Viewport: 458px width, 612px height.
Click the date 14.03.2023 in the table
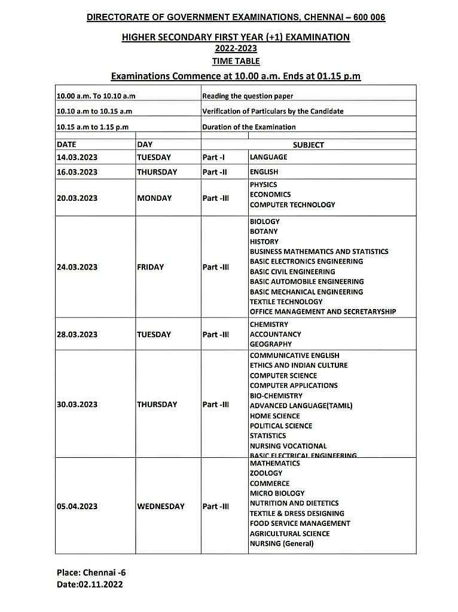coord(77,157)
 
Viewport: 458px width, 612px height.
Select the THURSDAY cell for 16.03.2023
coord(157,172)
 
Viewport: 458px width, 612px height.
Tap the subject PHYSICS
coord(263,185)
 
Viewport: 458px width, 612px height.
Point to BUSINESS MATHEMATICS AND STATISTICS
coord(319,252)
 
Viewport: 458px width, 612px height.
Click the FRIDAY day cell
coord(150,267)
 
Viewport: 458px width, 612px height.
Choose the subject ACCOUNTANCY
coord(275,334)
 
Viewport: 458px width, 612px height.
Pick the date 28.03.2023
coord(77,335)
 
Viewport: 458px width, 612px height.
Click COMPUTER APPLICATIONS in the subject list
coord(294,385)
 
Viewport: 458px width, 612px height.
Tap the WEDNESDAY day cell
coord(161,506)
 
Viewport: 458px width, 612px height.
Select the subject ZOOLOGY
coord(265,473)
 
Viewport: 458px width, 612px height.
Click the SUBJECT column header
coord(308,145)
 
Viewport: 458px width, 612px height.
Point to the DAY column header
coord(145,145)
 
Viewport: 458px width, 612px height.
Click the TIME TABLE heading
coord(236,61)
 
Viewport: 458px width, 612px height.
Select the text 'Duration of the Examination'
coord(249,127)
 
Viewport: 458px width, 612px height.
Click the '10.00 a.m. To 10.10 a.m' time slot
coord(96,96)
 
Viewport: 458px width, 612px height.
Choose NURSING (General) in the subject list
coord(281,543)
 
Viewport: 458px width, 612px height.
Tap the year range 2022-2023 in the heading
coord(236,48)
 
